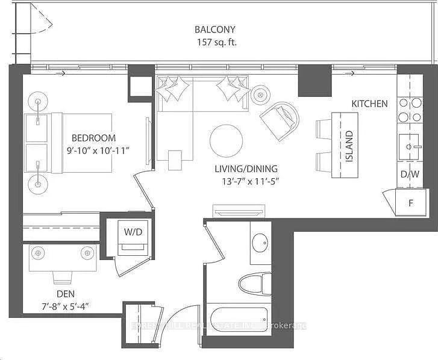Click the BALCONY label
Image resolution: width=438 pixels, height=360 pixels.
point(214,29)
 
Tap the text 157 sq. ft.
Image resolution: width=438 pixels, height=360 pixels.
point(214,42)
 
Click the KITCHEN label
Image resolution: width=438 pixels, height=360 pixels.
point(369,104)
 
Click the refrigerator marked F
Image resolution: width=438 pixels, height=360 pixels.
point(411,202)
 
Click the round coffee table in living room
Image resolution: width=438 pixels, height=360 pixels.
point(226,141)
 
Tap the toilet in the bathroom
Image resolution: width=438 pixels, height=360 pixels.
point(255,285)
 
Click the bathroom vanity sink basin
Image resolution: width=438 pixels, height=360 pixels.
point(261,243)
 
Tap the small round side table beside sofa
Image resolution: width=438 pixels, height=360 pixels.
point(260,95)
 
